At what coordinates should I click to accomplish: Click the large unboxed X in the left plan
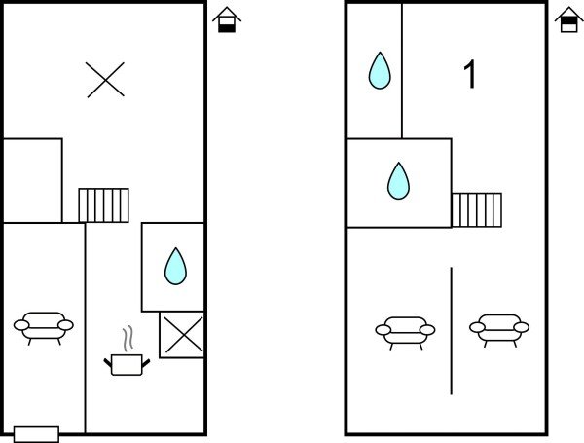point(104,79)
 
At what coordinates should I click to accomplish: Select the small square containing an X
point(181,335)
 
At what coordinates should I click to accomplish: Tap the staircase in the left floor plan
point(103,204)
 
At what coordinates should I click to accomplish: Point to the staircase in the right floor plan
point(477,209)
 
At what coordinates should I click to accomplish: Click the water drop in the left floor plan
point(174,266)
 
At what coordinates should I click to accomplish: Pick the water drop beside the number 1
point(380,71)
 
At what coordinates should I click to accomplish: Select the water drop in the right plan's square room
point(398,180)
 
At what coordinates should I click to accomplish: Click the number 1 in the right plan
point(470,75)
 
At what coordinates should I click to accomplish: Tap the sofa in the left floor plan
point(44,326)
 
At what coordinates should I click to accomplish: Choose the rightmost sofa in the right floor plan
point(499,328)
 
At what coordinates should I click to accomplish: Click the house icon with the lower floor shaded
point(227,18)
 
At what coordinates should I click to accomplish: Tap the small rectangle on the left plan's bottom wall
point(37,434)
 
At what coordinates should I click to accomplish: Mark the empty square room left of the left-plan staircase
point(32,180)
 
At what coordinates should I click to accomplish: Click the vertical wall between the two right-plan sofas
point(452,331)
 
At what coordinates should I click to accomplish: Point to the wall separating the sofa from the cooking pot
point(86,331)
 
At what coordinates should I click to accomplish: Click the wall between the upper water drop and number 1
point(402,70)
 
